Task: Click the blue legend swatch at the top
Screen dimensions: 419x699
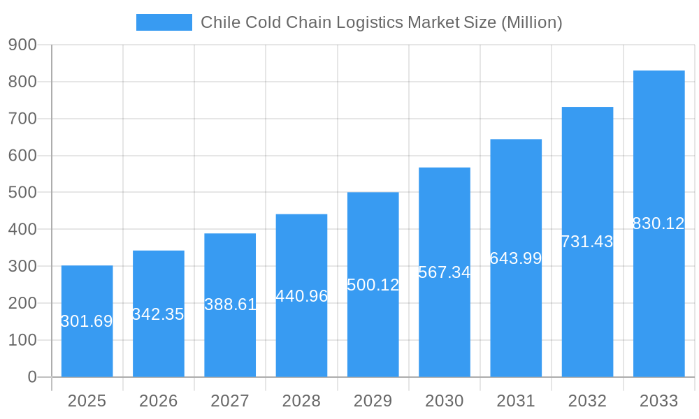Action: pos(164,22)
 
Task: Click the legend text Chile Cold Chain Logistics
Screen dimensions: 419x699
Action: pos(301,22)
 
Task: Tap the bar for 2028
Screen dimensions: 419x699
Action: pos(301,335)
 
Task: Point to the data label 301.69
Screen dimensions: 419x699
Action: pos(87,321)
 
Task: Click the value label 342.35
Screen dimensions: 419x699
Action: pos(158,314)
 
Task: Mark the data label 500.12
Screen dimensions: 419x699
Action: pos(373,285)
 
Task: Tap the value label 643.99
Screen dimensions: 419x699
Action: pos(516,258)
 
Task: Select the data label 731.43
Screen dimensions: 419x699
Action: pos(587,242)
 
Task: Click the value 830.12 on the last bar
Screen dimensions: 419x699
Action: pos(658,223)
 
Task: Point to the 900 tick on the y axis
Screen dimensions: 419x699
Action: pos(22,45)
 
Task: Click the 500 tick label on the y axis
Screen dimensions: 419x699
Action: pos(22,192)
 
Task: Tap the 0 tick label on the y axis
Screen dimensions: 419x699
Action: pos(31,377)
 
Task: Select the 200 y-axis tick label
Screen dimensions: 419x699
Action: pos(22,303)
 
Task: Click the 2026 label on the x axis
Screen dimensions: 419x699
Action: pos(158,401)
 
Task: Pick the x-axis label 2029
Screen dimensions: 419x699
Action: pos(373,401)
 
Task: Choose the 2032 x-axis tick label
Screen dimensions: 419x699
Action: pos(587,401)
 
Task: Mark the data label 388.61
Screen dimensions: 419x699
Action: pos(230,304)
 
